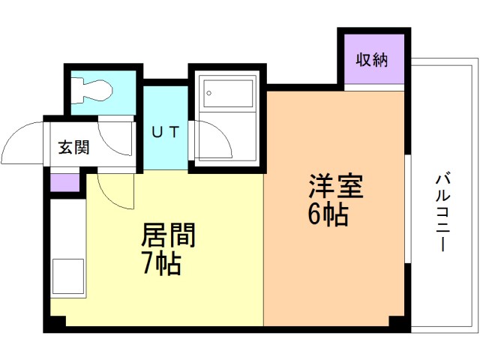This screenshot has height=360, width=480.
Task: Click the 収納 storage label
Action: (x=372, y=60)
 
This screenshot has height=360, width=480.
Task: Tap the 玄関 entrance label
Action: (x=73, y=147)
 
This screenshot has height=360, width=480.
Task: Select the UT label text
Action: (x=165, y=132)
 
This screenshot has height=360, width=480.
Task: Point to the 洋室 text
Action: (x=336, y=186)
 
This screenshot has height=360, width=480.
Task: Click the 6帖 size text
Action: (x=328, y=214)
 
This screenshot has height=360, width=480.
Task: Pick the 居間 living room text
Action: (x=168, y=235)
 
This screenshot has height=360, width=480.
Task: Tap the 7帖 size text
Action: (x=161, y=263)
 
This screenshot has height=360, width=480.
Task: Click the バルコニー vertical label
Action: (x=443, y=211)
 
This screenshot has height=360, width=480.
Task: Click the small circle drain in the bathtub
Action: (x=208, y=93)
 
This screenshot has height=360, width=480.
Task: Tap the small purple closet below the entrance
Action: (x=65, y=183)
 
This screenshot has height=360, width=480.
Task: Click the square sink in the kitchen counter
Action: (x=68, y=276)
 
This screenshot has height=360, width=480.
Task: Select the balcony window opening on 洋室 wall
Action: (x=408, y=209)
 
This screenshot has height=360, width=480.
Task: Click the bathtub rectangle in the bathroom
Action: (x=228, y=94)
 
